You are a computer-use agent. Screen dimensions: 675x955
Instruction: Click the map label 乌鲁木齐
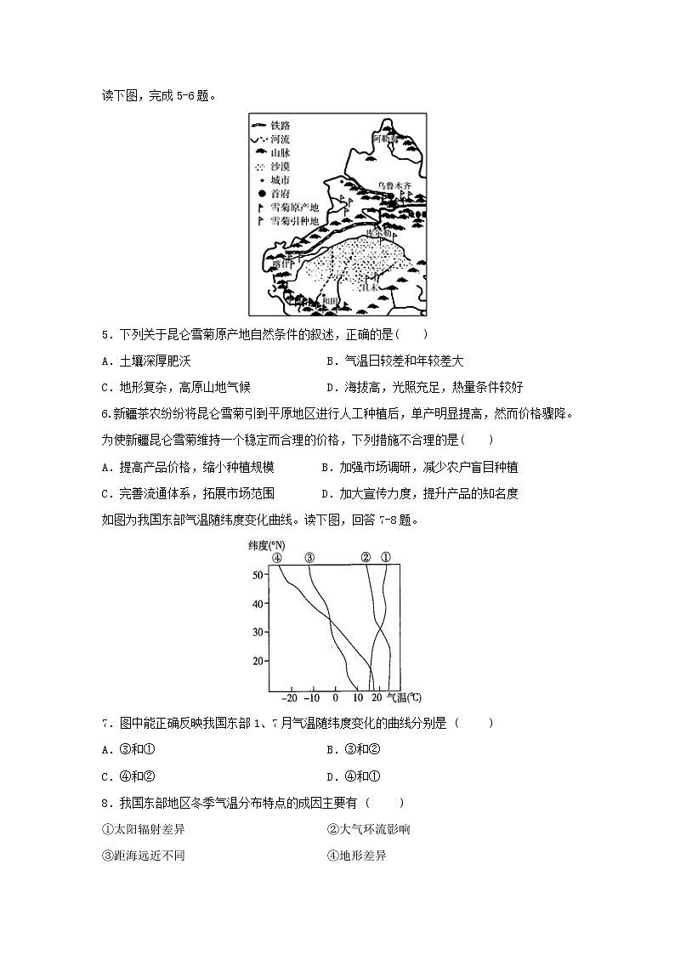pyautogui.click(x=394, y=185)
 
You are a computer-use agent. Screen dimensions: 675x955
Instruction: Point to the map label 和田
pyautogui.click(x=329, y=299)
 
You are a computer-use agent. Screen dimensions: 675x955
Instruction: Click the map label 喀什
pyautogui.click(x=281, y=264)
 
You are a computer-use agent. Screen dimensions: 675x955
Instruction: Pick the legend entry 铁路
pyautogui.click(x=281, y=125)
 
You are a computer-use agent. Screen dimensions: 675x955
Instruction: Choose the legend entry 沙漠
pyautogui.click(x=281, y=167)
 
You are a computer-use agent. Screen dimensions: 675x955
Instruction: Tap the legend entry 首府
pyautogui.click(x=281, y=194)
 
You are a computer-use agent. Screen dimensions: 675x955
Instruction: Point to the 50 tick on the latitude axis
pyautogui.click(x=258, y=575)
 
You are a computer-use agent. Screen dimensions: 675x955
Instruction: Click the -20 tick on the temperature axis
pyautogui.click(x=290, y=698)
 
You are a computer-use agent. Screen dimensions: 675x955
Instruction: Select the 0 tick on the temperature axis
pyautogui.click(x=335, y=698)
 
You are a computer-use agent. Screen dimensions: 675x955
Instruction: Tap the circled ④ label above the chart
pyautogui.click(x=277, y=558)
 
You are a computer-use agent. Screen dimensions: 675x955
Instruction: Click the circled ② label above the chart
pyautogui.click(x=366, y=558)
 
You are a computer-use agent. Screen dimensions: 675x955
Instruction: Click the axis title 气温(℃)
pyautogui.click(x=404, y=698)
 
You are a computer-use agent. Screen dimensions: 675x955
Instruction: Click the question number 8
pyautogui.click(x=105, y=802)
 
